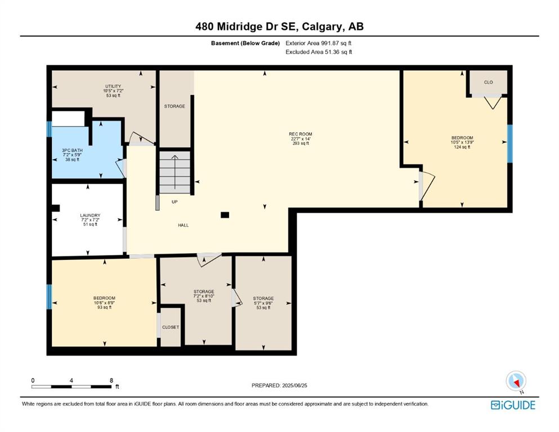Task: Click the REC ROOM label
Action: pos(301,134)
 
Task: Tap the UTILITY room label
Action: pos(113,86)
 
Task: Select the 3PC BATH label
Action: pos(72,150)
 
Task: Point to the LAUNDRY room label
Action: pos(90,215)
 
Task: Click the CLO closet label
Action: pos(489,82)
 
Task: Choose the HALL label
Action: pos(184,225)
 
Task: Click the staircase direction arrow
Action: pos(175,172)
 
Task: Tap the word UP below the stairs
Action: pos(175,202)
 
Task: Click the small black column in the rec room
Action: pos(225,215)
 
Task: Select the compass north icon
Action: pos(516,381)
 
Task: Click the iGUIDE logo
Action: pos(513,405)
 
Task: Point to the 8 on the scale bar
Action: pos(111,380)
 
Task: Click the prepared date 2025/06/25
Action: pos(294,385)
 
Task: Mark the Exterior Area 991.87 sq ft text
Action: pos(319,43)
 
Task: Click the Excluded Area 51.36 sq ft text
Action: pos(319,52)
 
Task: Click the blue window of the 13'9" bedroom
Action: pos(510,143)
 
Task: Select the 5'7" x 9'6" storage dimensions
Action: pos(263,303)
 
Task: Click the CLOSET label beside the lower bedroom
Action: pos(171,327)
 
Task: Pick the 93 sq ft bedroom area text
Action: pos(105,307)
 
